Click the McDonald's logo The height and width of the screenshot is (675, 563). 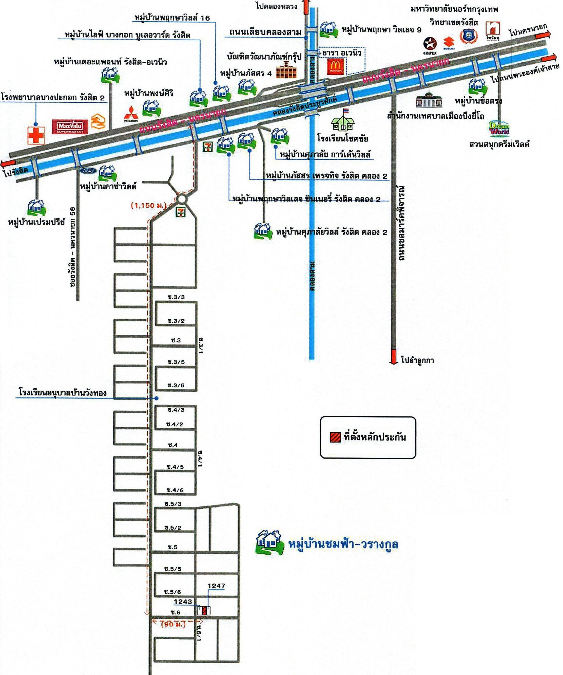pos(336,66)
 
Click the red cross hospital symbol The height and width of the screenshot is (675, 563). pos(36,135)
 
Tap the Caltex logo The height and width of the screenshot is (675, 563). pos(430,44)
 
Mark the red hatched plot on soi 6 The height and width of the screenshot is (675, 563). pos(204,610)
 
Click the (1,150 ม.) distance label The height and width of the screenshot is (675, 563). pos(148,205)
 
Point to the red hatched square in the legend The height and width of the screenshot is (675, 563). pos(335,437)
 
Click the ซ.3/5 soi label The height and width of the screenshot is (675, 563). pos(176,362)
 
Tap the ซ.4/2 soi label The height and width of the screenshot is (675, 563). pos(175,424)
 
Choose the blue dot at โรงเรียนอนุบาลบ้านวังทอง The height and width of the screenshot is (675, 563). pos(157,398)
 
